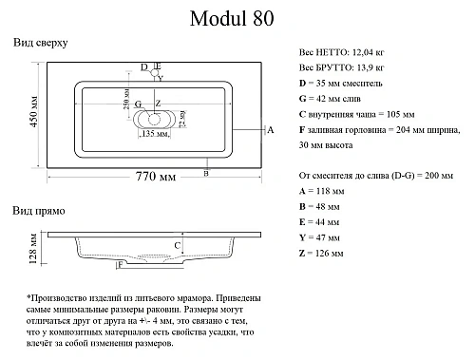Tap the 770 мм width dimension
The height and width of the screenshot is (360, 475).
[157, 177]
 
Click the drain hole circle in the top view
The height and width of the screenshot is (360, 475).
[154, 119]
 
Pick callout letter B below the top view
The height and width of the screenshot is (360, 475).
[207, 173]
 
